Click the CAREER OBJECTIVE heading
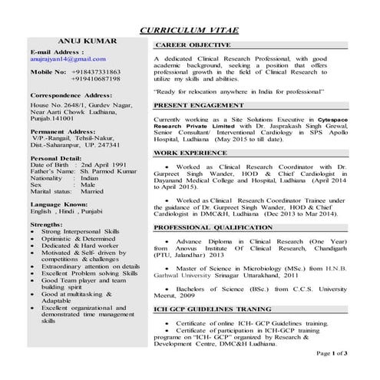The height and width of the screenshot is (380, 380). (193, 47)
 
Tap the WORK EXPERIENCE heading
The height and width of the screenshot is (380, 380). (193, 153)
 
